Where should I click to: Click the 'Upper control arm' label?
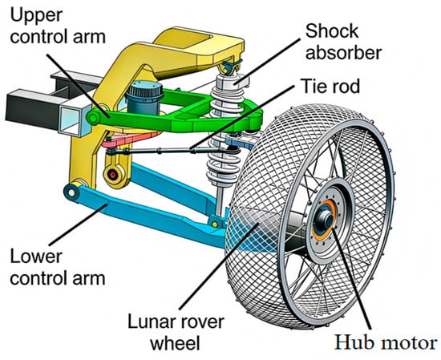58,26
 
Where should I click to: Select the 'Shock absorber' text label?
343,42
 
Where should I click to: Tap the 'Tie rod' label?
330,86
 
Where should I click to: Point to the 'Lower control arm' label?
58,267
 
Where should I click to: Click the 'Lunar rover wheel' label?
176,333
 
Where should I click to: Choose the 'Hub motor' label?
386,343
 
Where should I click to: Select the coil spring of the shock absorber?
225,132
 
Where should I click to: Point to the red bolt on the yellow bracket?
113,175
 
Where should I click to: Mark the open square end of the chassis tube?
71,119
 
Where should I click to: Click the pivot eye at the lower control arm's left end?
71,192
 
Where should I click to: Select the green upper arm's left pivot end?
93,118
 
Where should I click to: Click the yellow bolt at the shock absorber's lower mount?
215,224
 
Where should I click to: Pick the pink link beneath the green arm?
129,140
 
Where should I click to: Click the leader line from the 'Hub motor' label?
352,279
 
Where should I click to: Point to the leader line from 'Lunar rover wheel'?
220,266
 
